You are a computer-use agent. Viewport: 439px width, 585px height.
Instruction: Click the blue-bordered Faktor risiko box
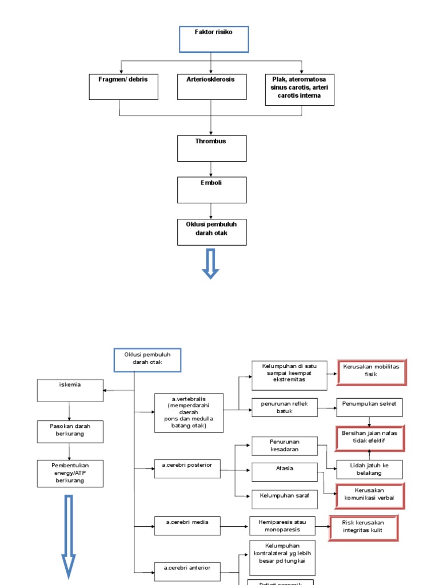[x=214, y=39]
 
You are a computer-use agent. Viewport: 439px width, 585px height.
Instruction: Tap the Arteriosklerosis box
[x=211, y=87]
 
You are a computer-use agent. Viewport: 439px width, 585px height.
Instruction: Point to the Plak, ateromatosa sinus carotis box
[x=300, y=89]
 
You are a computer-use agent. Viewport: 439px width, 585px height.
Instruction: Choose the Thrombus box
[x=211, y=148]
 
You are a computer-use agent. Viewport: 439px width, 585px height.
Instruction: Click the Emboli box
[x=211, y=190]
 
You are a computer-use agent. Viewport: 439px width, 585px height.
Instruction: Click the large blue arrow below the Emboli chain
[x=211, y=263]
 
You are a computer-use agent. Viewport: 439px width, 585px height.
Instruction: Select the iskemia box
[x=70, y=391]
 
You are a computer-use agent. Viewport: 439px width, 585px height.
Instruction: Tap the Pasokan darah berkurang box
[x=70, y=432]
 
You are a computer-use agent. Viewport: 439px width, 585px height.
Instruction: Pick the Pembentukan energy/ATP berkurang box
[x=70, y=474]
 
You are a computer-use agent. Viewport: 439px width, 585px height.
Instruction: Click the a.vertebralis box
[x=189, y=413]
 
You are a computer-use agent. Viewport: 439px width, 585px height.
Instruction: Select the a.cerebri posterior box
[x=187, y=469]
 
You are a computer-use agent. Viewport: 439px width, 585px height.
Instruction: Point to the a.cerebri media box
[x=187, y=526]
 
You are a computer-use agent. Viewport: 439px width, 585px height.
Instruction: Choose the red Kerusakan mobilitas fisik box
[x=372, y=373]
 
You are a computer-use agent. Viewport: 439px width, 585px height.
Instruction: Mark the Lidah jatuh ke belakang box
[x=369, y=470]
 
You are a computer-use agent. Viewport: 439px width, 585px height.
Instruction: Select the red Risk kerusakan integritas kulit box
[x=364, y=527]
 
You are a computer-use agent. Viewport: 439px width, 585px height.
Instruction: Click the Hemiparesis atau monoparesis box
[x=282, y=526]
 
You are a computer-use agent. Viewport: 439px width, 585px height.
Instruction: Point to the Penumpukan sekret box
[x=369, y=407]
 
